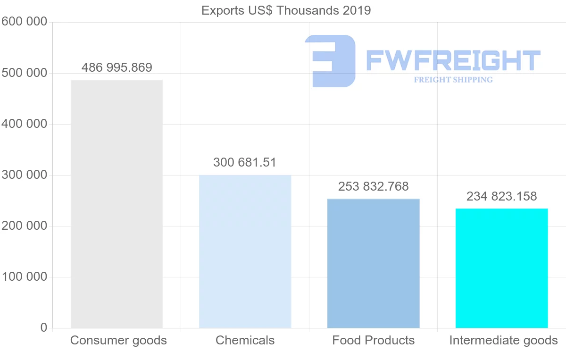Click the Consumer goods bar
point(117,204)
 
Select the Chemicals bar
point(245,251)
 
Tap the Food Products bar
point(373,263)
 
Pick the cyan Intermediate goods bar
point(501,268)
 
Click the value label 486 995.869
point(117,67)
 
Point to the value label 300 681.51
point(245,163)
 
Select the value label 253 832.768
point(373,186)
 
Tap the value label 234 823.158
point(501,196)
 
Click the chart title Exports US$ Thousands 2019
point(286,10)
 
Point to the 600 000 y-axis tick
point(24,22)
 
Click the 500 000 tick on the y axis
point(24,73)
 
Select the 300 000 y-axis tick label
point(24,175)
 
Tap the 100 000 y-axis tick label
point(24,277)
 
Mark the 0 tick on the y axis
point(44,327)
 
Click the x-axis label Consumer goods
point(118,340)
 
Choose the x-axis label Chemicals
point(245,340)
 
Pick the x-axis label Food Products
point(373,340)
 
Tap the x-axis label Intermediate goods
point(503,340)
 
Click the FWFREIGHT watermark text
point(453,60)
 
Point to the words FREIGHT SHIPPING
point(453,80)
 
